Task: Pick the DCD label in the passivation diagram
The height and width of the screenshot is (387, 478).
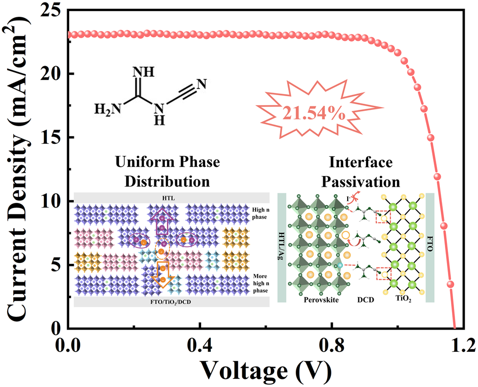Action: (365, 300)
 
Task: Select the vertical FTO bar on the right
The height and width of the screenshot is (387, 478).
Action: (430, 248)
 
